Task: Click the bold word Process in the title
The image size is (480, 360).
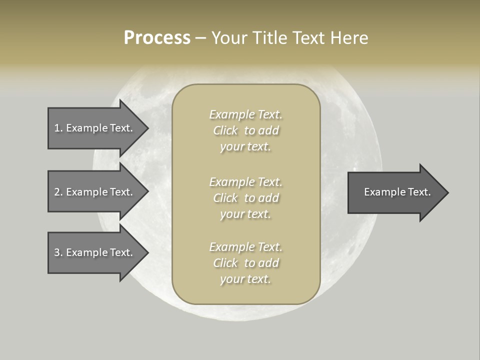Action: pos(157,38)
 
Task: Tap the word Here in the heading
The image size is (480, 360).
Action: pos(349,38)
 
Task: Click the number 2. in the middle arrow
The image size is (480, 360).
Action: pos(58,192)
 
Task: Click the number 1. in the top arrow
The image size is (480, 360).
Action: pos(58,128)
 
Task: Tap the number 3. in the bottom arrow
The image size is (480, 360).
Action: pos(58,252)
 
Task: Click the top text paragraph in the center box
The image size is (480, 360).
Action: pos(245,130)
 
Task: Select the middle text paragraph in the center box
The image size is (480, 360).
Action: pos(245,198)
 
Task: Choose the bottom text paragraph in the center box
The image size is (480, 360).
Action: pos(245,263)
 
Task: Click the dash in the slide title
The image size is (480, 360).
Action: pos(200,38)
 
